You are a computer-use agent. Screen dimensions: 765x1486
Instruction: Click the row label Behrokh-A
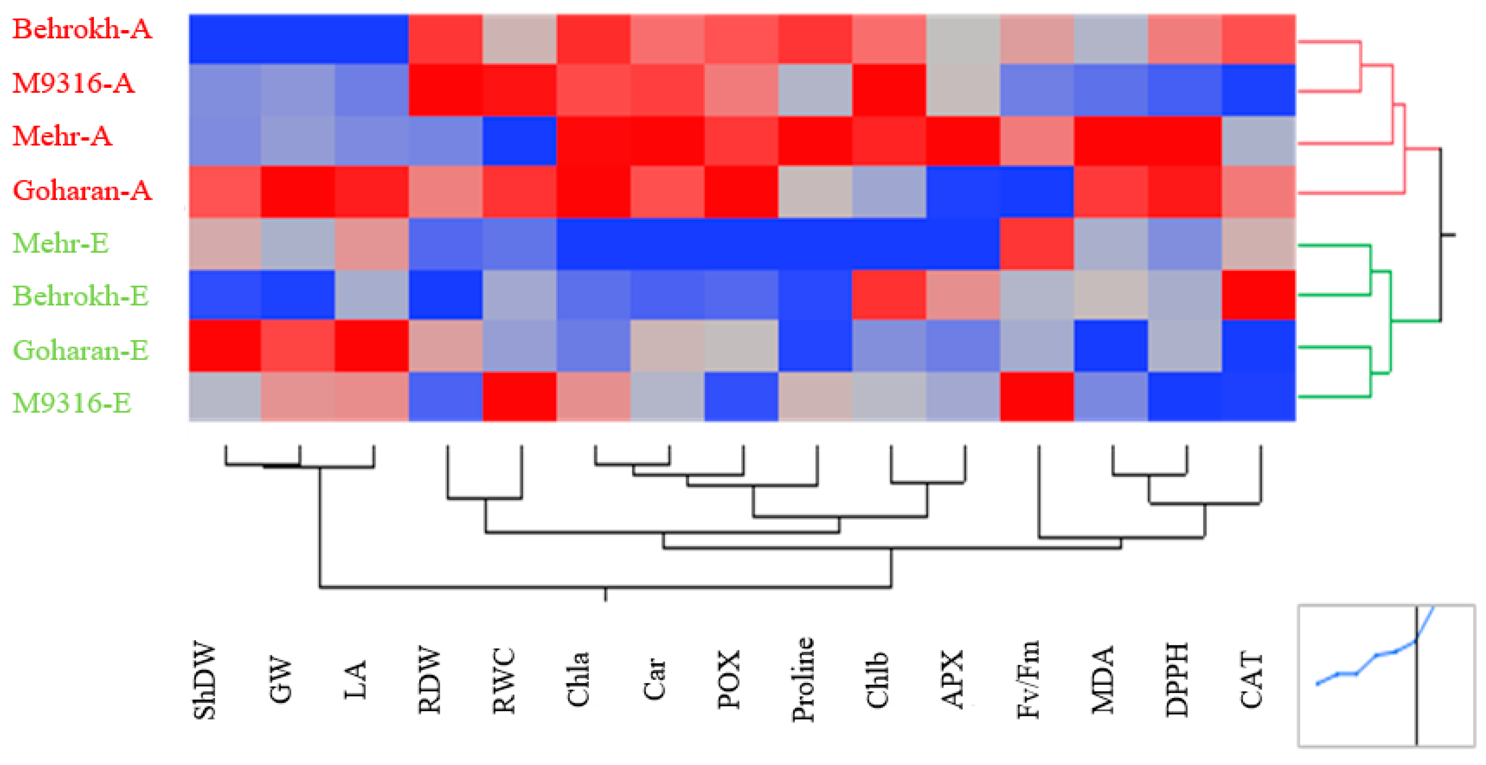[82, 29]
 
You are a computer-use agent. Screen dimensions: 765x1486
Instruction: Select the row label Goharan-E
[81, 350]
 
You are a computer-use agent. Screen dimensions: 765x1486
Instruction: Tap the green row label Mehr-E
[61, 243]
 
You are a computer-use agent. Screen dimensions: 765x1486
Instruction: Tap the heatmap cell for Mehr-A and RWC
[519, 141]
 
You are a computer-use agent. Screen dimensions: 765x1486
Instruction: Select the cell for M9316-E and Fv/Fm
[1037, 397]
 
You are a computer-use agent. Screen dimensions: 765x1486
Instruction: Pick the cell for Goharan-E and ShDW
[225, 346]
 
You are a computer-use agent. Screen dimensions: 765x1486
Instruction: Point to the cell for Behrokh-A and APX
[963, 39]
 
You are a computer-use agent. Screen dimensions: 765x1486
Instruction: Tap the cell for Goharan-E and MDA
[1110, 346]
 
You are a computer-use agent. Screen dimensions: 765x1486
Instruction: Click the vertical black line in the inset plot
[1416, 703]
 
